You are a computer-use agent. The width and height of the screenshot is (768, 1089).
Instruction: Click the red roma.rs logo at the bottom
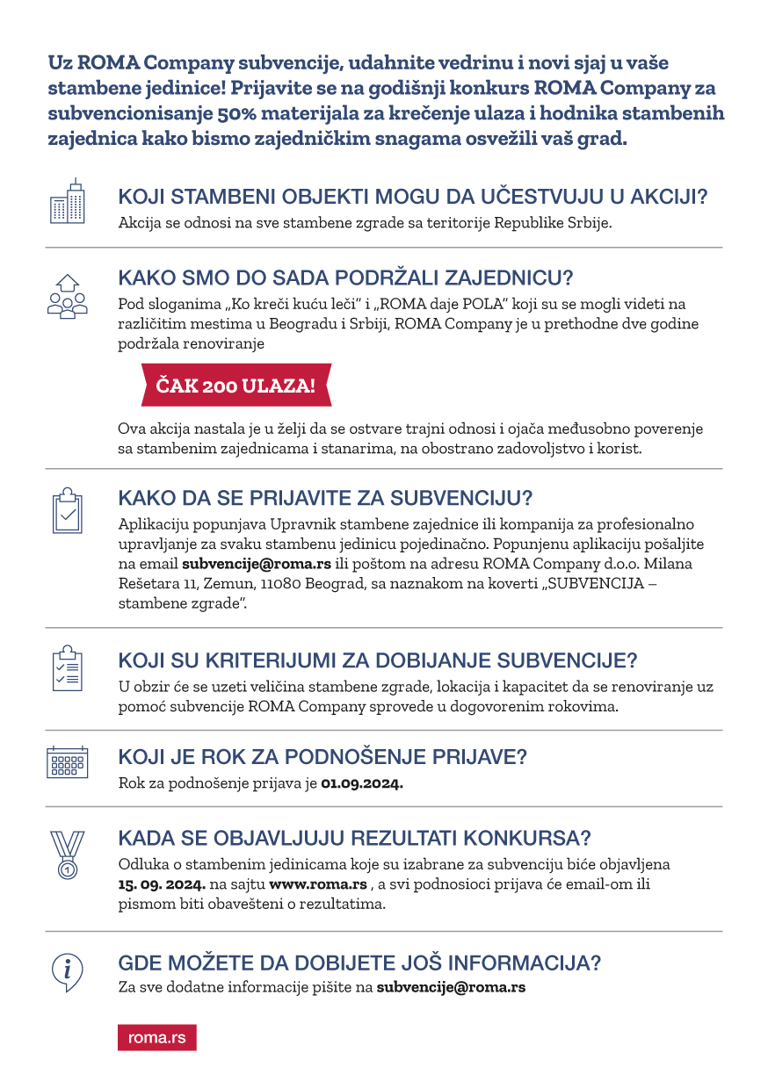coord(156,1037)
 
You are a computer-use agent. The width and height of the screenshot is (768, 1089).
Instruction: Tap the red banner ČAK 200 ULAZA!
coord(235,386)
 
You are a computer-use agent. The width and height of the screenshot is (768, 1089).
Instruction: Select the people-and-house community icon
coord(67,295)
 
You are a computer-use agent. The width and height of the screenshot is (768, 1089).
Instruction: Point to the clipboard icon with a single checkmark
coord(67,509)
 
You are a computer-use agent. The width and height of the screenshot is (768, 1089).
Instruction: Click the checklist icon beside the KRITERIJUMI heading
coord(67,669)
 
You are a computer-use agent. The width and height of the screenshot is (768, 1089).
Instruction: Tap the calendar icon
coord(67,761)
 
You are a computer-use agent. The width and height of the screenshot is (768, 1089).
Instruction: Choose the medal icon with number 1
coord(67,853)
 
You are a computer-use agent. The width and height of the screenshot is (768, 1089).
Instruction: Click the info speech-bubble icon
coord(67,971)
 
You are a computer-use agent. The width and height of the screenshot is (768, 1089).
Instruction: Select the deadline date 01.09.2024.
coord(362,783)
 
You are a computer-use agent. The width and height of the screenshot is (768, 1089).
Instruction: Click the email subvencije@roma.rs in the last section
coord(451,986)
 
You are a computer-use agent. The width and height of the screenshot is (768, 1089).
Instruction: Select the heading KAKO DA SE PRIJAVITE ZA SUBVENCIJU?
coord(325,499)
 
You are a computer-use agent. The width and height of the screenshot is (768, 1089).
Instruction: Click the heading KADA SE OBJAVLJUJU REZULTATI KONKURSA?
coord(354,836)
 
